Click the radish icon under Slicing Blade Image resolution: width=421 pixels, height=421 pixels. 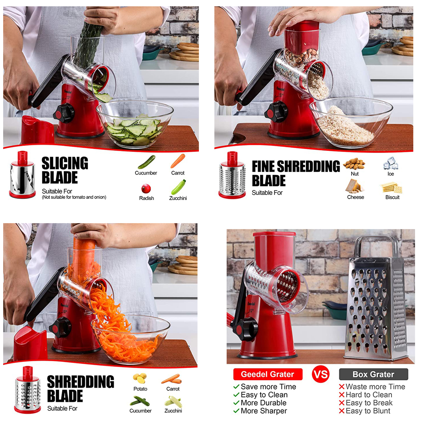click(146, 188)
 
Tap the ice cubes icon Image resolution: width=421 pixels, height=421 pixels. click(390, 163)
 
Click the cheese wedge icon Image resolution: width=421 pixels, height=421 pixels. click(355, 186)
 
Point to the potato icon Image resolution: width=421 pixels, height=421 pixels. click(140, 379)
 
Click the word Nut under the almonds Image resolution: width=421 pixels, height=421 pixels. click(355, 174)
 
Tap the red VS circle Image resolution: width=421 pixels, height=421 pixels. click(321, 374)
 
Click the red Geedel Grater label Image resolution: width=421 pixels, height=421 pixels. click(268, 374)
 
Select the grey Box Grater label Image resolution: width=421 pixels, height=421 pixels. click(373, 374)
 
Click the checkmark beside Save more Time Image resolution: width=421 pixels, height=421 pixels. click(236, 387)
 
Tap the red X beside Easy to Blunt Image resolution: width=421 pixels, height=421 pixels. click(342, 411)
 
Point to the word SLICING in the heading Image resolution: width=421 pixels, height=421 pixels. click(65, 163)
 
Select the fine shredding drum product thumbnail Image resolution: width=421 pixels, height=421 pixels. click(232, 175)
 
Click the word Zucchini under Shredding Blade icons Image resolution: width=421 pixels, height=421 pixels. click(173, 411)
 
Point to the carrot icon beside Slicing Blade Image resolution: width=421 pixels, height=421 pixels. click(178, 161)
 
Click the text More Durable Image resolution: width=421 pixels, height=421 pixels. click(263, 403)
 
